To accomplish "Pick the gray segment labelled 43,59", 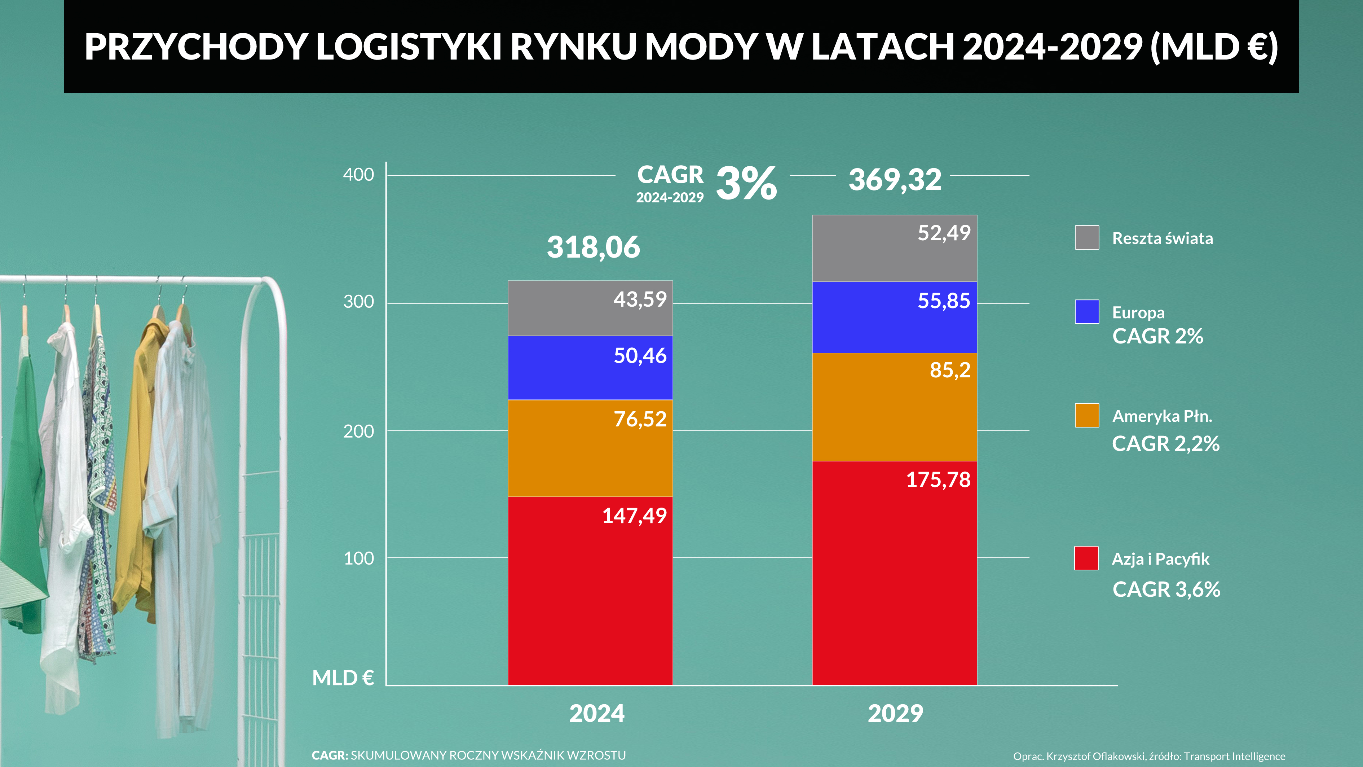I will tap(590, 308).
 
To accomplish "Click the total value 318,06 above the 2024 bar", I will tap(593, 247).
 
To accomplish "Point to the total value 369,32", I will tap(895, 180).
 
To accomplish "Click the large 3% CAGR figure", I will tap(746, 184).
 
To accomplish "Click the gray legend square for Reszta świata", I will tap(1087, 237).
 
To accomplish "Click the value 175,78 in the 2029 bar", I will tap(938, 479).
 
